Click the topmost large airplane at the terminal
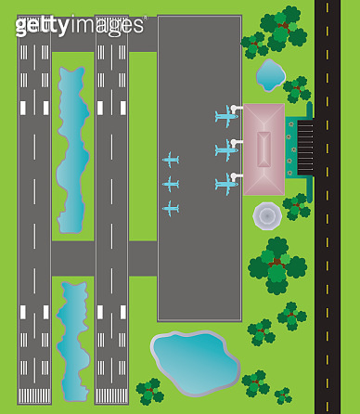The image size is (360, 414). coord(226,116)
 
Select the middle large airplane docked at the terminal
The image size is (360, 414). coord(226,149)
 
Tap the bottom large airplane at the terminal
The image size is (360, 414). coord(226,184)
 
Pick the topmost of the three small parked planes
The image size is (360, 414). coord(170,160)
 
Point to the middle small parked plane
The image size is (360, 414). coord(170,184)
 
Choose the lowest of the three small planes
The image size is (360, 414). coord(170,208)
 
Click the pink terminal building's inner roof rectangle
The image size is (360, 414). coord(264,149)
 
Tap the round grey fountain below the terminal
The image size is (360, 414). coord(267,216)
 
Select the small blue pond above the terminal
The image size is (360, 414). coord(270,74)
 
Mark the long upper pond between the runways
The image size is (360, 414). coord(72,149)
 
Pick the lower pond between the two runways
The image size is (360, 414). coord(72,334)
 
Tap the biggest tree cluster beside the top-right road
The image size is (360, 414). coord(281,28)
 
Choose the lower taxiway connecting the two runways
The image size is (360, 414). coord(72,257)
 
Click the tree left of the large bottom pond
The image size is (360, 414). coord(148,391)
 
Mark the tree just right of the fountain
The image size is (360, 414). coord(296,206)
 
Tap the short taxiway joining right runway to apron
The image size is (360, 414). coord(143,257)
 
